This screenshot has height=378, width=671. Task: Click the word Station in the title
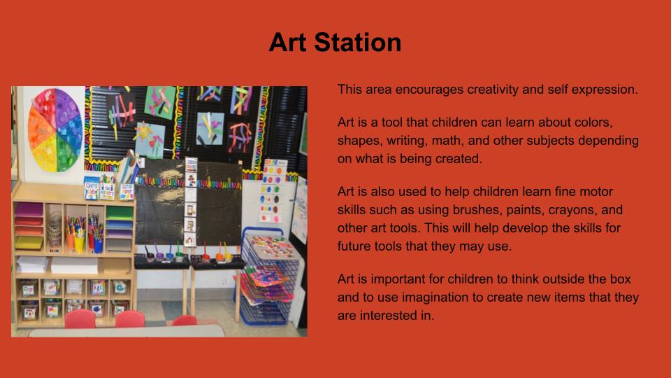click(x=358, y=43)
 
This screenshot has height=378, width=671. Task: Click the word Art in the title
click(x=287, y=43)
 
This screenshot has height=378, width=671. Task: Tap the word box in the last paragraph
click(x=621, y=279)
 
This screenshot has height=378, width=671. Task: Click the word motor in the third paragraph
click(x=596, y=192)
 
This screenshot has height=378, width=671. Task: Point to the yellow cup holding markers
click(x=80, y=244)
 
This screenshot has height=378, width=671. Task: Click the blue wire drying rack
click(x=265, y=279)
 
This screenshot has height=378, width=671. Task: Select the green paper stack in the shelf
click(x=120, y=212)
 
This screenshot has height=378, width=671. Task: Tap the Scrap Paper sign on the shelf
click(x=126, y=190)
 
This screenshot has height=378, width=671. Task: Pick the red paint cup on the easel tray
click(x=205, y=257)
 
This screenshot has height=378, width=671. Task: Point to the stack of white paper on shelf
click(x=75, y=265)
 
